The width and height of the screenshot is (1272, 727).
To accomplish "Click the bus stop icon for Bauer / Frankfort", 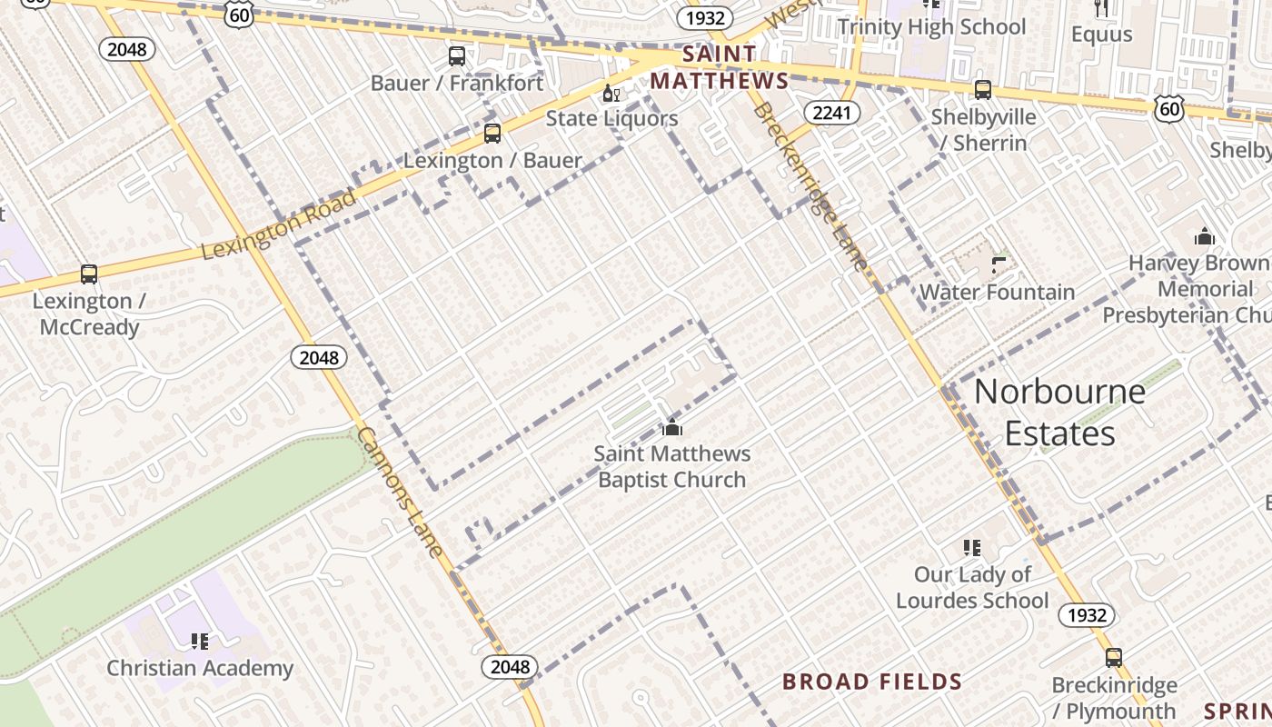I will [457, 56].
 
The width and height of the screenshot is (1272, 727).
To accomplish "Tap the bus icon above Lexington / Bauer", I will [492, 134].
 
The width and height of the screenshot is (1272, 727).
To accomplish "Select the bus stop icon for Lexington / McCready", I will [89, 274].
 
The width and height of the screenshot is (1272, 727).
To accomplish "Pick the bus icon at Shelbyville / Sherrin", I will [982, 90].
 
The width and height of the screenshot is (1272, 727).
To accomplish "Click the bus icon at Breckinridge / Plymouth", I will [1114, 658].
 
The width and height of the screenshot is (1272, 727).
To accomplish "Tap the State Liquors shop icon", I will [611, 94].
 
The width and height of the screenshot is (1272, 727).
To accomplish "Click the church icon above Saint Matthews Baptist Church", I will [672, 427].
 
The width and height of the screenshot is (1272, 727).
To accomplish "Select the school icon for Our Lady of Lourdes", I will [972, 548].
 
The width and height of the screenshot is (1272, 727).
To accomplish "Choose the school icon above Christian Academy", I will [200, 642].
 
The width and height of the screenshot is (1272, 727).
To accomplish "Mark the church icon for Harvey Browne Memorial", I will [1205, 237].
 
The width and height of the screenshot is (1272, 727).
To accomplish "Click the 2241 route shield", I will [831, 112].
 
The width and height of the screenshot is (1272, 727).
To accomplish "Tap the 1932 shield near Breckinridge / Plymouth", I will [1087, 615].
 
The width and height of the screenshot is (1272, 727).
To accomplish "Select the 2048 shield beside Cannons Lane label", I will [319, 357].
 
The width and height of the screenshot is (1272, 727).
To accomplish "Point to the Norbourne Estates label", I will [1059, 413].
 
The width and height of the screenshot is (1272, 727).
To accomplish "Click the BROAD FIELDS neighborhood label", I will [871, 682].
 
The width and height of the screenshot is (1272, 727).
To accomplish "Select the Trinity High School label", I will [931, 27].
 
